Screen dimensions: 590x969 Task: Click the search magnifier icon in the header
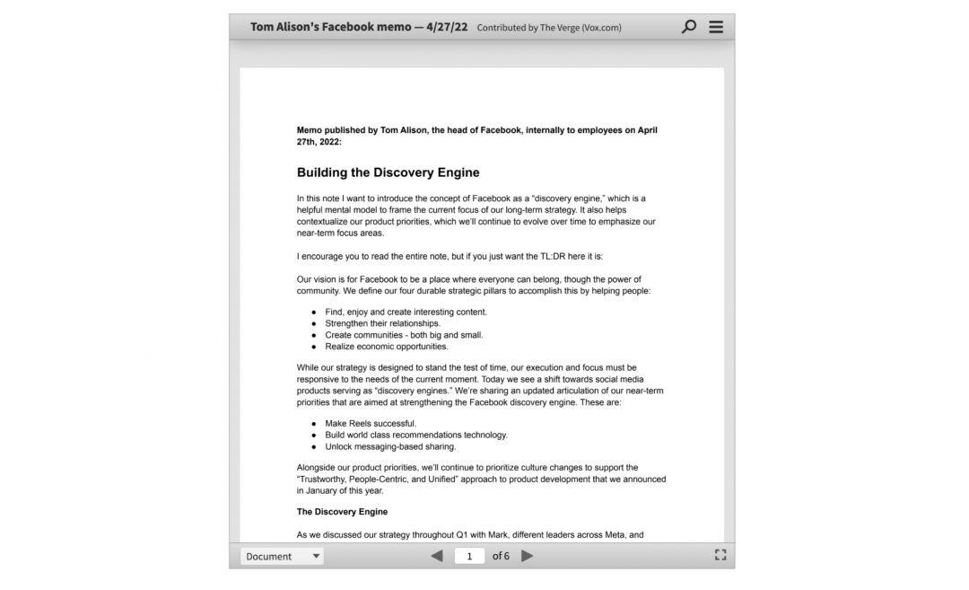pyautogui.click(x=688, y=27)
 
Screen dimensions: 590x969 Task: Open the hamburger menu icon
pyautogui.click(x=716, y=27)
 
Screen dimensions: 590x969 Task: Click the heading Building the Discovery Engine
pyautogui.click(x=388, y=172)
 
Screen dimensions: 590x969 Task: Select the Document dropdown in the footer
pyautogui.click(x=282, y=556)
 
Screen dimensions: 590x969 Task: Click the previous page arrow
pyautogui.click(x=437, y=556)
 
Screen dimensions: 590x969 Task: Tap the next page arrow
pyautogui.click(x=528, y=556)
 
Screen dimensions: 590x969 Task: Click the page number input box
pyautogui.click(x=469, y=556)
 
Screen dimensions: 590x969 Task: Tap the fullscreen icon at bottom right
pyautogui.click(x=720, y=555)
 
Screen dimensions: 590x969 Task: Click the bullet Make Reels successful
pyautogui.click(x=371, y=424)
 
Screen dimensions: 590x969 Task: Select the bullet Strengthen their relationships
pyautogui.click(x=382, y=323)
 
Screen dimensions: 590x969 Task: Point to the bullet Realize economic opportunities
pyautogui.click(x=386, y=347)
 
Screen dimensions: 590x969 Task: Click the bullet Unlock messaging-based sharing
pyautogui.click(x=390, y=446)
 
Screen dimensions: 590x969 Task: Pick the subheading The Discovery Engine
pyautogui.click(x=342, y=512)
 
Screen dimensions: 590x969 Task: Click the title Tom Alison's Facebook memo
pyautogui.click(x=329, y=27)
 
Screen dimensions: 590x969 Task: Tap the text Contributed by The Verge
pyautogui.click(x=548, y=28)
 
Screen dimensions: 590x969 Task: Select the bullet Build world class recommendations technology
pyautogui.click(x=415, y=435)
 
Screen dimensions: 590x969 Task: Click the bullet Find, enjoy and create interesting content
pyautogui.click(x=406, y=313)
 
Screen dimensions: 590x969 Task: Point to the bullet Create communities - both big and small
pyautogui.click(x=404, y=335)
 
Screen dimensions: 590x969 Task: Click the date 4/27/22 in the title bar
pyautogui.click(x=447, y=27)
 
